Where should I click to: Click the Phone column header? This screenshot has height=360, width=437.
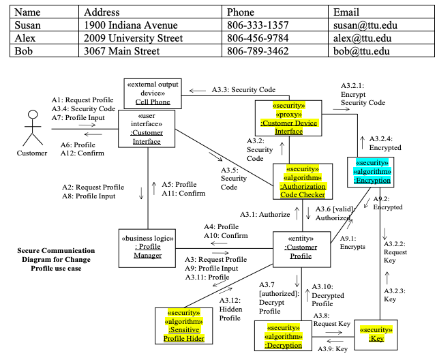(241, 12)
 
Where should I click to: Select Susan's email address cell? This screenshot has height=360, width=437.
(365, 25)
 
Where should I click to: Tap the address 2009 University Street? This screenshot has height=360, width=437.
(133, 37)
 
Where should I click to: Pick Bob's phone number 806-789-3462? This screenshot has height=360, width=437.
(257, 50)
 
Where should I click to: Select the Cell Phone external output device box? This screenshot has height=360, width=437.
(152, 93)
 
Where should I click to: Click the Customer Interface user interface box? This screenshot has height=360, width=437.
(148, 127)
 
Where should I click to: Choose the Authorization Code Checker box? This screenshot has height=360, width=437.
(302, 182)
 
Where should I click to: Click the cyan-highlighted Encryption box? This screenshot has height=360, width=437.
(372, 172)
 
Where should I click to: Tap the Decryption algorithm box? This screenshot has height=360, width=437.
(283, 337)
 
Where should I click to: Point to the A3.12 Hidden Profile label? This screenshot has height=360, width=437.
(230, 309)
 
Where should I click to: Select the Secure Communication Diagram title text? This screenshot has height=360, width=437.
(56, 259)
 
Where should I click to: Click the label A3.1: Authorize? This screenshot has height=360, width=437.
(265, 214)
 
